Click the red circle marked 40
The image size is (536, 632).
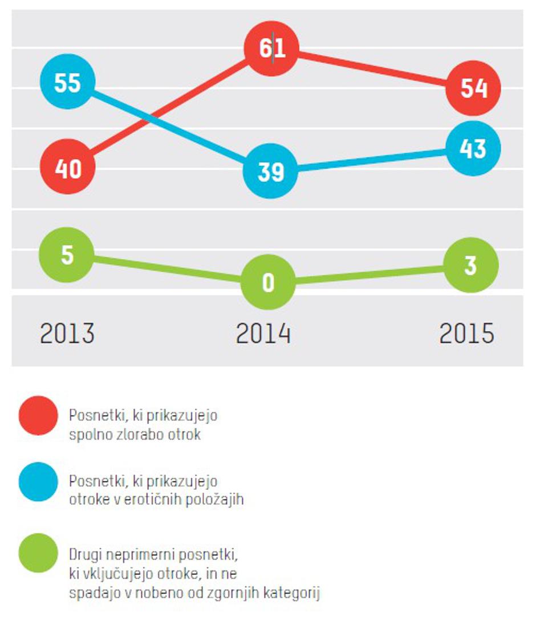[68, 168]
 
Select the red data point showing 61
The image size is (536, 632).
[272, 50]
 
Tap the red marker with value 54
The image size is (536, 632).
[474, 89]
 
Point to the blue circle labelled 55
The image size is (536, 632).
[67, 83]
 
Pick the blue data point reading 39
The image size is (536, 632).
[270, 171]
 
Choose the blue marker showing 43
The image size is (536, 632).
[473, 148]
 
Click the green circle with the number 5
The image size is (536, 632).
[67, 255]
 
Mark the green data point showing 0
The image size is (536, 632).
[269, 282]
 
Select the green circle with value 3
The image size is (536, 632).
[471, 265]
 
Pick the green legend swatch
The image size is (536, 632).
[38, 553]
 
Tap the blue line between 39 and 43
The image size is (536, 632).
[371, 160]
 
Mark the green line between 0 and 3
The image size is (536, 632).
[371, 274]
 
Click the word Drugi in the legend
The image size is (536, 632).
[84, 554]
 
